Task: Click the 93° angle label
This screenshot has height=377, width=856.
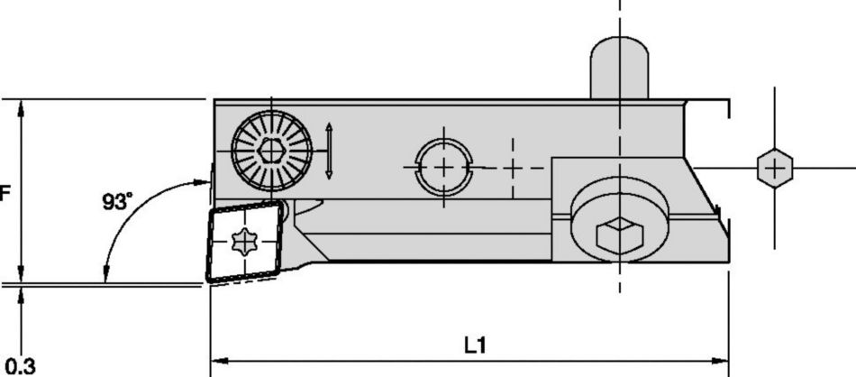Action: click(x=116, y=203)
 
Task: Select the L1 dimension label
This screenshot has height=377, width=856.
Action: click(x=475, y=345)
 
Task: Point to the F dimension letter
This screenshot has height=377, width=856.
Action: click(x=5, y=193)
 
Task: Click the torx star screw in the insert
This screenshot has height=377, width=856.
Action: click(x=244, y=241)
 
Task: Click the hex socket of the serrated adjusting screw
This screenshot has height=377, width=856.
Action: click(x=270, y=151)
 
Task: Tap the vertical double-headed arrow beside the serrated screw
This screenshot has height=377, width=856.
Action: click(x=330, y=150)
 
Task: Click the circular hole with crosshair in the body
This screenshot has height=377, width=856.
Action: click(x=443, y=166)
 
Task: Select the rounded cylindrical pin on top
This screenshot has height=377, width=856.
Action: click(x=619, y=67)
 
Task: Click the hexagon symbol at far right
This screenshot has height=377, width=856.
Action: click(x=775, y=168)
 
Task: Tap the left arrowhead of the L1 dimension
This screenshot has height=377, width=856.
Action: click(x=216, y=361)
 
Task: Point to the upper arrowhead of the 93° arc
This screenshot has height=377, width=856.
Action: click(x=204, y=183)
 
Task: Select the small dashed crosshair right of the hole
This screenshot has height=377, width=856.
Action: click(x=512, y=168)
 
